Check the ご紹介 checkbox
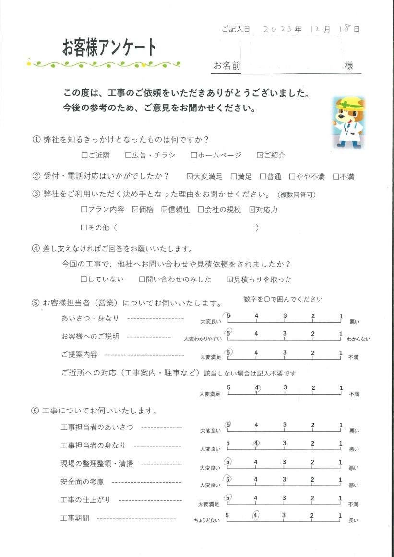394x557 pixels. coord(260,155)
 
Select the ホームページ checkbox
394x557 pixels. coord(194,155)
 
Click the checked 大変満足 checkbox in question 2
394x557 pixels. coord(190,177)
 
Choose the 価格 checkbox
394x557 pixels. coord(135,210)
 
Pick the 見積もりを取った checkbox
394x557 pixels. coord(229,279)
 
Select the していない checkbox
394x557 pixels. coord(84,279)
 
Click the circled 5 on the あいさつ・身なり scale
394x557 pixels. coord(229,316)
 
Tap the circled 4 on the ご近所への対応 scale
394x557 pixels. coord(258,388)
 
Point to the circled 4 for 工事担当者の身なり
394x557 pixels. coord(257,443)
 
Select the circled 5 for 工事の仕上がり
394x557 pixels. coord(228,498)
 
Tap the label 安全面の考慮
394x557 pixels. coord(83,482)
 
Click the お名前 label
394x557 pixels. coord(227,66)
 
